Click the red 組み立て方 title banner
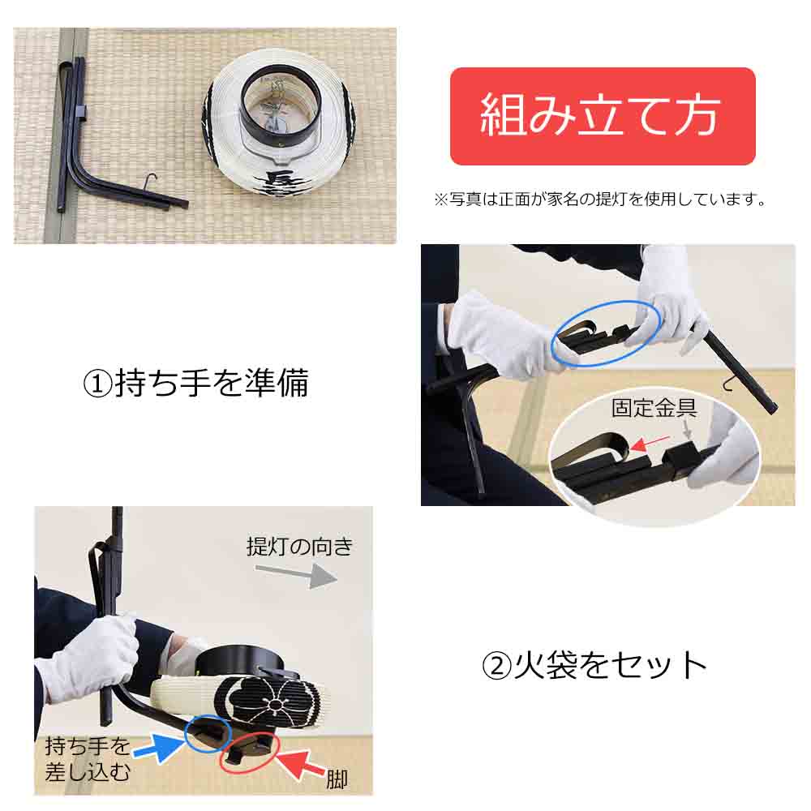tap(603, 116)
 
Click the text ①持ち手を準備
tap(196, 384)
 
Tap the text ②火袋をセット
tap(594, 665)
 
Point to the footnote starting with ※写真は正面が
tap(600, 200)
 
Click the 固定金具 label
tap(654, 408)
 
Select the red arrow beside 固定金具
tap(650, 442)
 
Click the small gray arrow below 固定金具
tap(687, 429)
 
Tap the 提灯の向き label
tap(299, 546)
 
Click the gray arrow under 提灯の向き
tap(296, 574)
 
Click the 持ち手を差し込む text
tap(88, 759)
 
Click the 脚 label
tap(337, 779)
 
